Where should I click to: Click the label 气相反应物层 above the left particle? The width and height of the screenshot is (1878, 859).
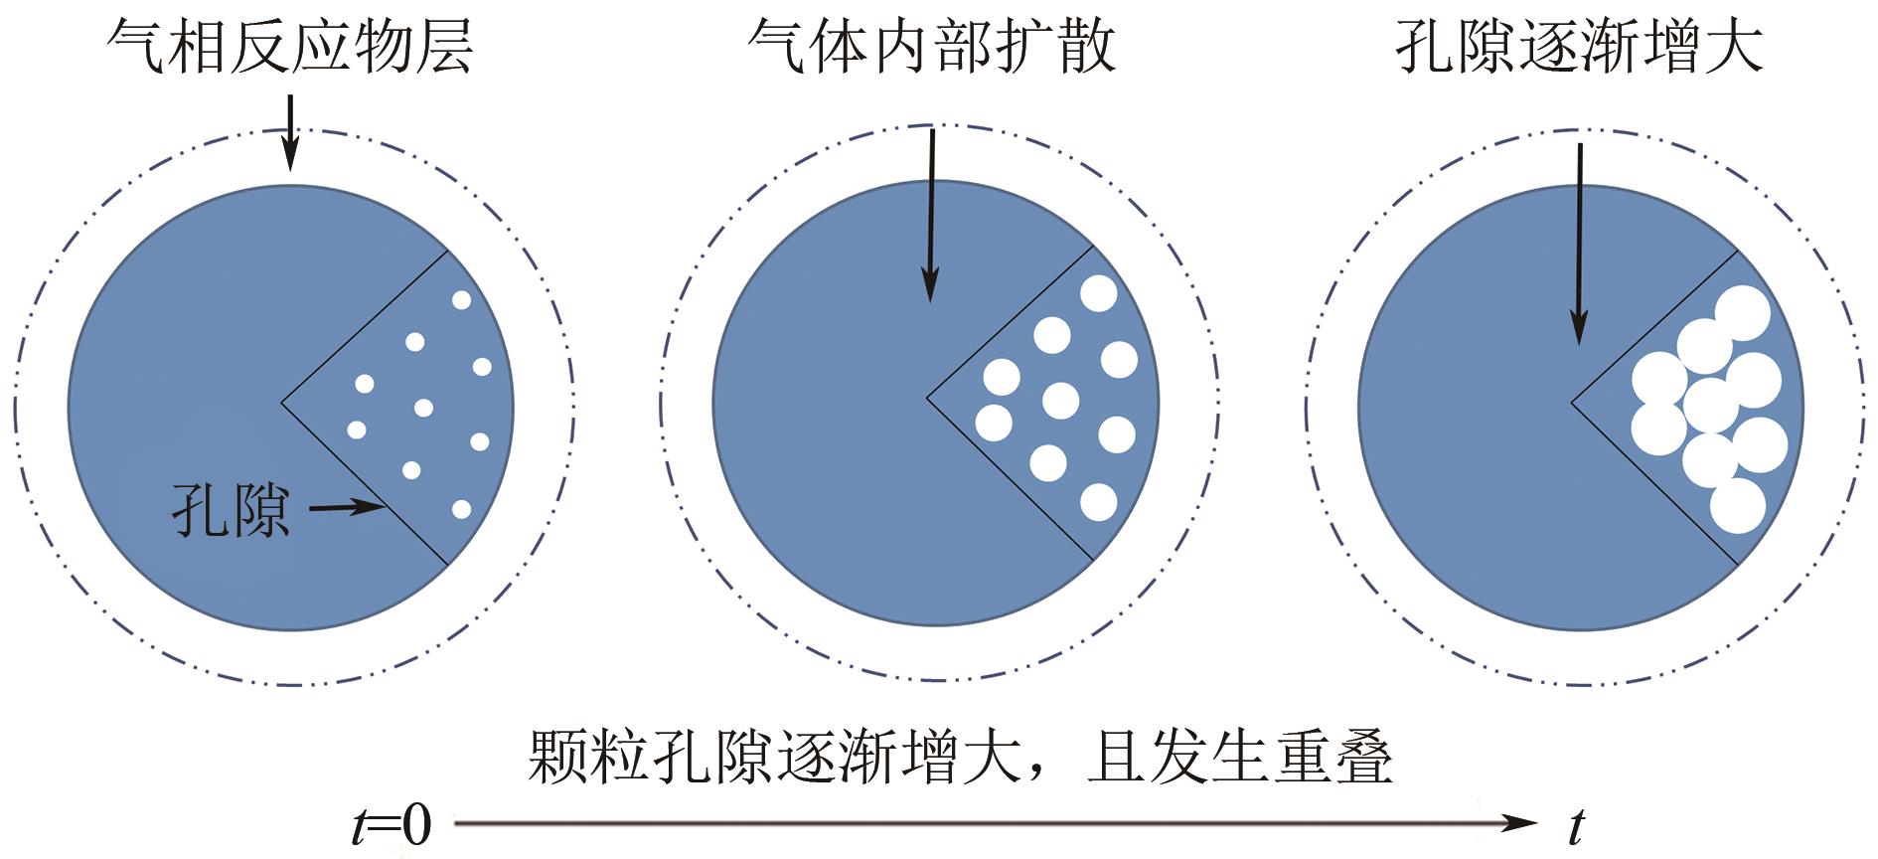[290, 46]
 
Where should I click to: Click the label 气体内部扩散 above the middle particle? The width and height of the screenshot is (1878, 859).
[932, 46]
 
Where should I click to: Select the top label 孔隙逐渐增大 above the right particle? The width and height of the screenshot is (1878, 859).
[1579, 46]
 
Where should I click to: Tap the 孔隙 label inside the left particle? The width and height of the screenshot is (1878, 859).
[231, 510]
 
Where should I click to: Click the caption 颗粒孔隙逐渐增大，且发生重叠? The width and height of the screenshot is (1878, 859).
[959, 759]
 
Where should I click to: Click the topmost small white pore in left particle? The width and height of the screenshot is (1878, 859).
[461, 299]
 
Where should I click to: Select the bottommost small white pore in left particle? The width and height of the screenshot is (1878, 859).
[461, 509]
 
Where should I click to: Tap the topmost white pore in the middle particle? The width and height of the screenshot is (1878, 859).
[1099, 293]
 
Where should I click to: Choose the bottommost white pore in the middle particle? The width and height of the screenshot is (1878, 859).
[1098, 502]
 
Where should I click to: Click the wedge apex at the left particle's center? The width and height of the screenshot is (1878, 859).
[282, 403]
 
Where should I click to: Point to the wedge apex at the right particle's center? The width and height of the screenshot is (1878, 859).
[1572, 403]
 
